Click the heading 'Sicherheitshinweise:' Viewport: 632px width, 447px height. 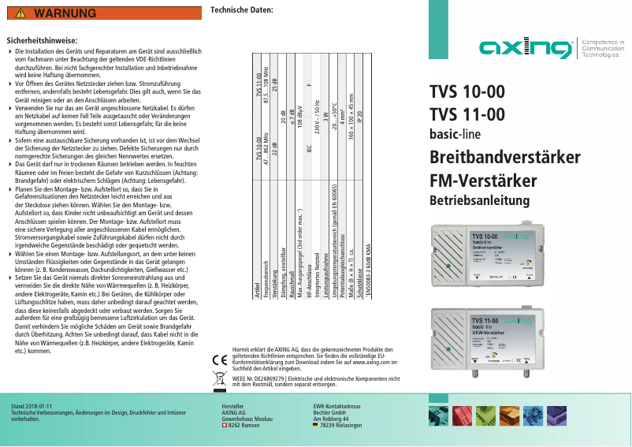[41, 39]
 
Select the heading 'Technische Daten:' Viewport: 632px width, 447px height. [243, 9]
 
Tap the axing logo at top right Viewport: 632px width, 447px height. [527, 48]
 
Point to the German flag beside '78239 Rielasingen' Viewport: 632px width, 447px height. [315, 425]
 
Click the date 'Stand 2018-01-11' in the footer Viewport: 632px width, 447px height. [32, 405]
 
